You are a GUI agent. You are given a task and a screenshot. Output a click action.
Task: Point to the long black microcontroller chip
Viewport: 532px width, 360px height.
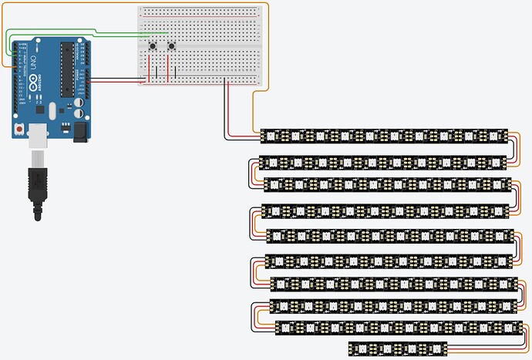tap(67, 69)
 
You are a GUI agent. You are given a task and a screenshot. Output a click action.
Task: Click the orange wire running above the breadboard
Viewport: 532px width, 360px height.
tap(200, 4)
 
